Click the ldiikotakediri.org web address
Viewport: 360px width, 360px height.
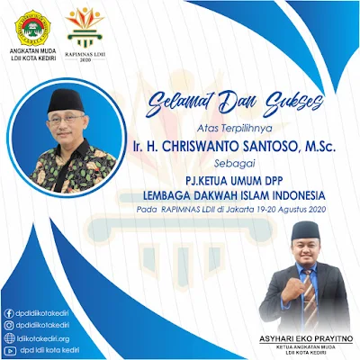(x=43, y=337)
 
